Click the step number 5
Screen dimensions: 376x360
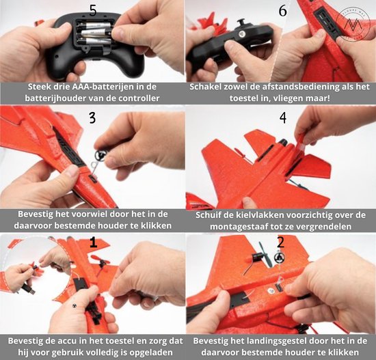click(x=93, y=11)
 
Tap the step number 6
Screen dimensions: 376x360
click(x=283, y=11)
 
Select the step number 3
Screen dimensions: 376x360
click(x=92, y=118)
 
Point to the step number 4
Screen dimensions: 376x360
click(x=283, y=117)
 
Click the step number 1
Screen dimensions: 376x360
click(x=93, y=243)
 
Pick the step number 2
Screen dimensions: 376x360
click(x=280, y=242)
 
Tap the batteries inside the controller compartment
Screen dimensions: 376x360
click(x=94, y=33)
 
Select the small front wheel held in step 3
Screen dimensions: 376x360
click(x=100, y=155)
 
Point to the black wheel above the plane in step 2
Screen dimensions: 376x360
click(x=279, y=258)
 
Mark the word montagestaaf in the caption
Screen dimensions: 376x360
click(x=238, y=227)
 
